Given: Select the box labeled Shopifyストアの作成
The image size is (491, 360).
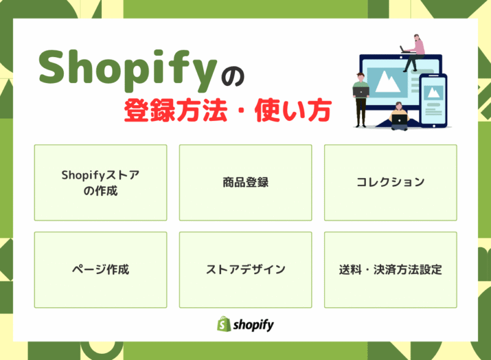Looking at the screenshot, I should pyautogui.click(x=101, y=182).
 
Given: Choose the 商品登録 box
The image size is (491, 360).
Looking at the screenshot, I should pyautogui.click(x=245, y=182).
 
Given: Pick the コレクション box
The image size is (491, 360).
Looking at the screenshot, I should pyautogui.click(x=390, y=182).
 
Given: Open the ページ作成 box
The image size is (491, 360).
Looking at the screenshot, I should pyautogui.click(x=101, y=270).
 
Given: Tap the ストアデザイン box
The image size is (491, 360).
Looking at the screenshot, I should pyautogui.click(x=245, y=270).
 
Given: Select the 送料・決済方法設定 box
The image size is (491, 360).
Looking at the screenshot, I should pyautogui.click(x=390, y=270).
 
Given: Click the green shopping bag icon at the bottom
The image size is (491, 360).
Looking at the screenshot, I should pyautogui.click(x=223, y=324).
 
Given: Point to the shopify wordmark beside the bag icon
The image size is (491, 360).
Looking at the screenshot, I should pyautogui.click(x=253, y=324).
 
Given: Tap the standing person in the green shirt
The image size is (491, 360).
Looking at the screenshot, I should pyautogui.click(x=361, y=98).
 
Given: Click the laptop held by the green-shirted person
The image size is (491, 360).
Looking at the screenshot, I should pyautogui.click(x=361, y=92).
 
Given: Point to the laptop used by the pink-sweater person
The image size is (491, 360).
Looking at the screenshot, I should pyautogui.click(x=406, y=49).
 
